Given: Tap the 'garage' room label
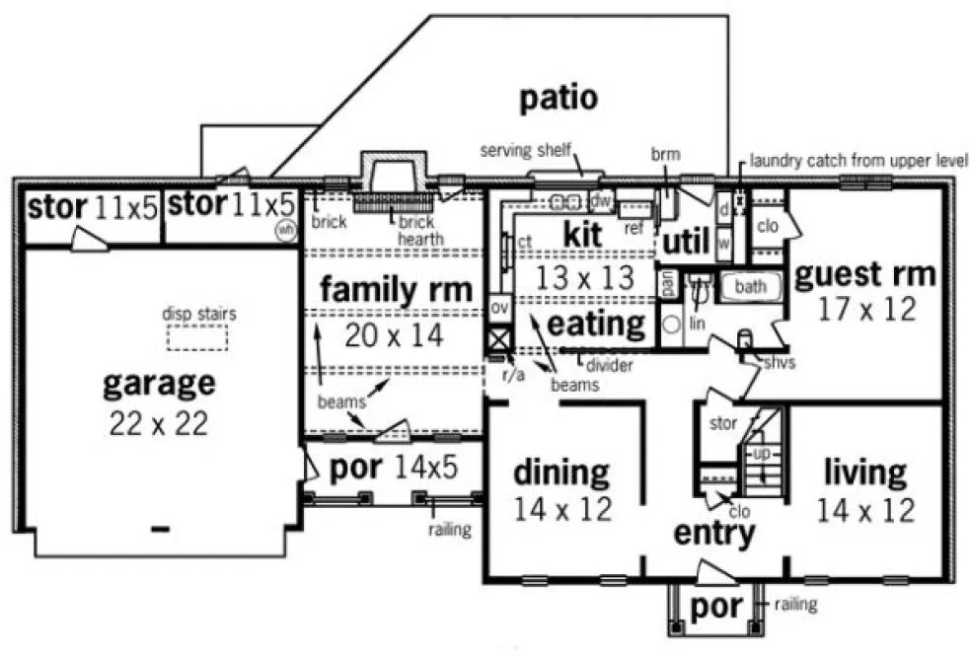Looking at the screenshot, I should (x=158, y=384).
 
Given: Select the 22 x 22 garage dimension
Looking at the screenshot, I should (x=158, y=423).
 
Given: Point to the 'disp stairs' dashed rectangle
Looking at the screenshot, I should (x=197, y=338).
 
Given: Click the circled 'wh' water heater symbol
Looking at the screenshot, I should (x=285, y=229).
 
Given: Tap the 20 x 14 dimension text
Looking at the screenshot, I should (x=395, y=334).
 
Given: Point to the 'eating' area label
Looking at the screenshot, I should (x=595, y=323).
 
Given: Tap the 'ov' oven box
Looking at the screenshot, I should (x=499, y=308).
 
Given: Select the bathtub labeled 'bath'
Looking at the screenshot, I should (x=749, y=287).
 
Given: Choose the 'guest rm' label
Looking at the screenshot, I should (x=863, y=273).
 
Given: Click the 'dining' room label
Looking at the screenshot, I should (x=561, y=472).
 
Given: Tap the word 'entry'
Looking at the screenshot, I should (x=714, y=533).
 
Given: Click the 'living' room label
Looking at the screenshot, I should (x=865, y=472).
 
